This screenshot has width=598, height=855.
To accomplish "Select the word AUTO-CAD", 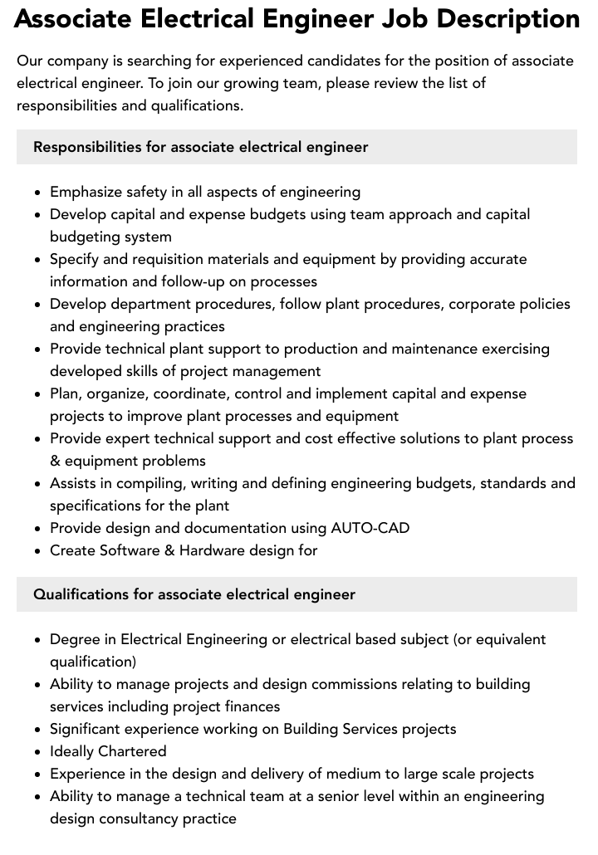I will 370,528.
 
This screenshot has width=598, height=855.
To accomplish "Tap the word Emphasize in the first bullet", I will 86,192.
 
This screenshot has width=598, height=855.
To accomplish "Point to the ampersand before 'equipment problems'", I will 55,461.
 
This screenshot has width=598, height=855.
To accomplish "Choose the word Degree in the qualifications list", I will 74,639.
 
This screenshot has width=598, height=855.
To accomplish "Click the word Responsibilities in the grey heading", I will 87,147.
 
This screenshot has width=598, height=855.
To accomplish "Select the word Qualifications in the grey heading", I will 81,594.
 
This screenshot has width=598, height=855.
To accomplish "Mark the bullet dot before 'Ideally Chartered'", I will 38,752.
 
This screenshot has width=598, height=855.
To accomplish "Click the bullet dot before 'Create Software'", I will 38,550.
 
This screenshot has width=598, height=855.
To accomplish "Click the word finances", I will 252,706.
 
